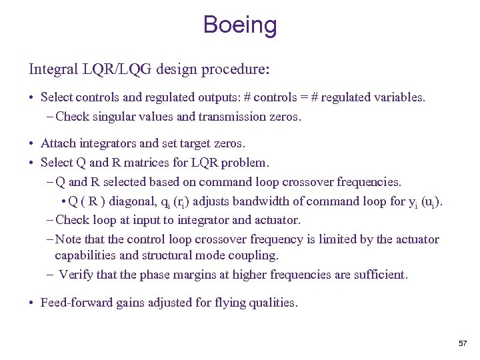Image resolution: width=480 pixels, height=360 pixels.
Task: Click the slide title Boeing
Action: point(240,25)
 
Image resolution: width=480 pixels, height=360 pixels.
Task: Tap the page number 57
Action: point(463,343)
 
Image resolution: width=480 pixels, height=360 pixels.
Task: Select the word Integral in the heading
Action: point(51,69)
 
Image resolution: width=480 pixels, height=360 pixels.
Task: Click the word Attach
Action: point(58,143)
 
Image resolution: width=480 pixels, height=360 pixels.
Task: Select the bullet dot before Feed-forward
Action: point(32,303)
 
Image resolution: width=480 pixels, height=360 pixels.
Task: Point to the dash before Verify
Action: point(51,274)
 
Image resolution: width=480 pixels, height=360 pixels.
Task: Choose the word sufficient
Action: point(379,274)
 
